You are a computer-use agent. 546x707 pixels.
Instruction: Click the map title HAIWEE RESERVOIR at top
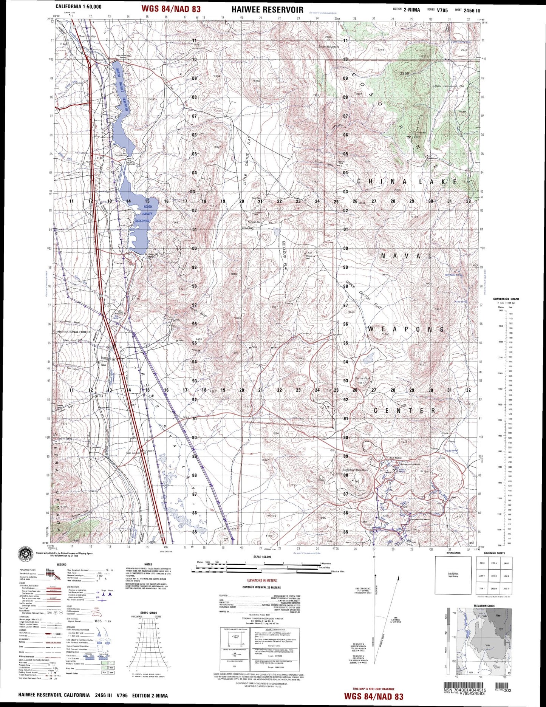click(x=267, y=9)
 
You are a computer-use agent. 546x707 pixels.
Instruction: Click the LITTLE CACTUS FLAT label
click(x=247, y=161)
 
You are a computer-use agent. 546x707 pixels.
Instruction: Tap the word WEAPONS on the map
click(x=406, y=329)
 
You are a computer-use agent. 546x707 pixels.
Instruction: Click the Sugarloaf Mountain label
click(x=355, y=470)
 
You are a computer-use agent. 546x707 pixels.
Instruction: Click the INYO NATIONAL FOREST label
click(x=74, y=332)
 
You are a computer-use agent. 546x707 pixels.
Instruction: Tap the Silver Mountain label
click(x=328, y=46)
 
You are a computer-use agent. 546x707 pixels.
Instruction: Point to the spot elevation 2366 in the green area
click(x=404, y=73)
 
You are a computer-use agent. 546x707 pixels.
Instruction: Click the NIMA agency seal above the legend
click(x=26, y=554)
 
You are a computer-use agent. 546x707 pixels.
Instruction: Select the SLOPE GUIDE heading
click(x=148, y=613)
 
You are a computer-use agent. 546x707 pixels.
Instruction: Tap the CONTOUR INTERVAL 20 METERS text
click(x=261, y=588)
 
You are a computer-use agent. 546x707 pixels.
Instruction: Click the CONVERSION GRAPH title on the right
click(x=506, y=299)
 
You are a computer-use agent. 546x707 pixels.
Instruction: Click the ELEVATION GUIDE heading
click(x=484, y=606)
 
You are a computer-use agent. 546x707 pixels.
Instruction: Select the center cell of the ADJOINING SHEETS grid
click(x=493, y=576)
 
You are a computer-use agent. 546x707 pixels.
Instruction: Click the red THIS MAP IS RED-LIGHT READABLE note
click(x=373, y=689)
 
